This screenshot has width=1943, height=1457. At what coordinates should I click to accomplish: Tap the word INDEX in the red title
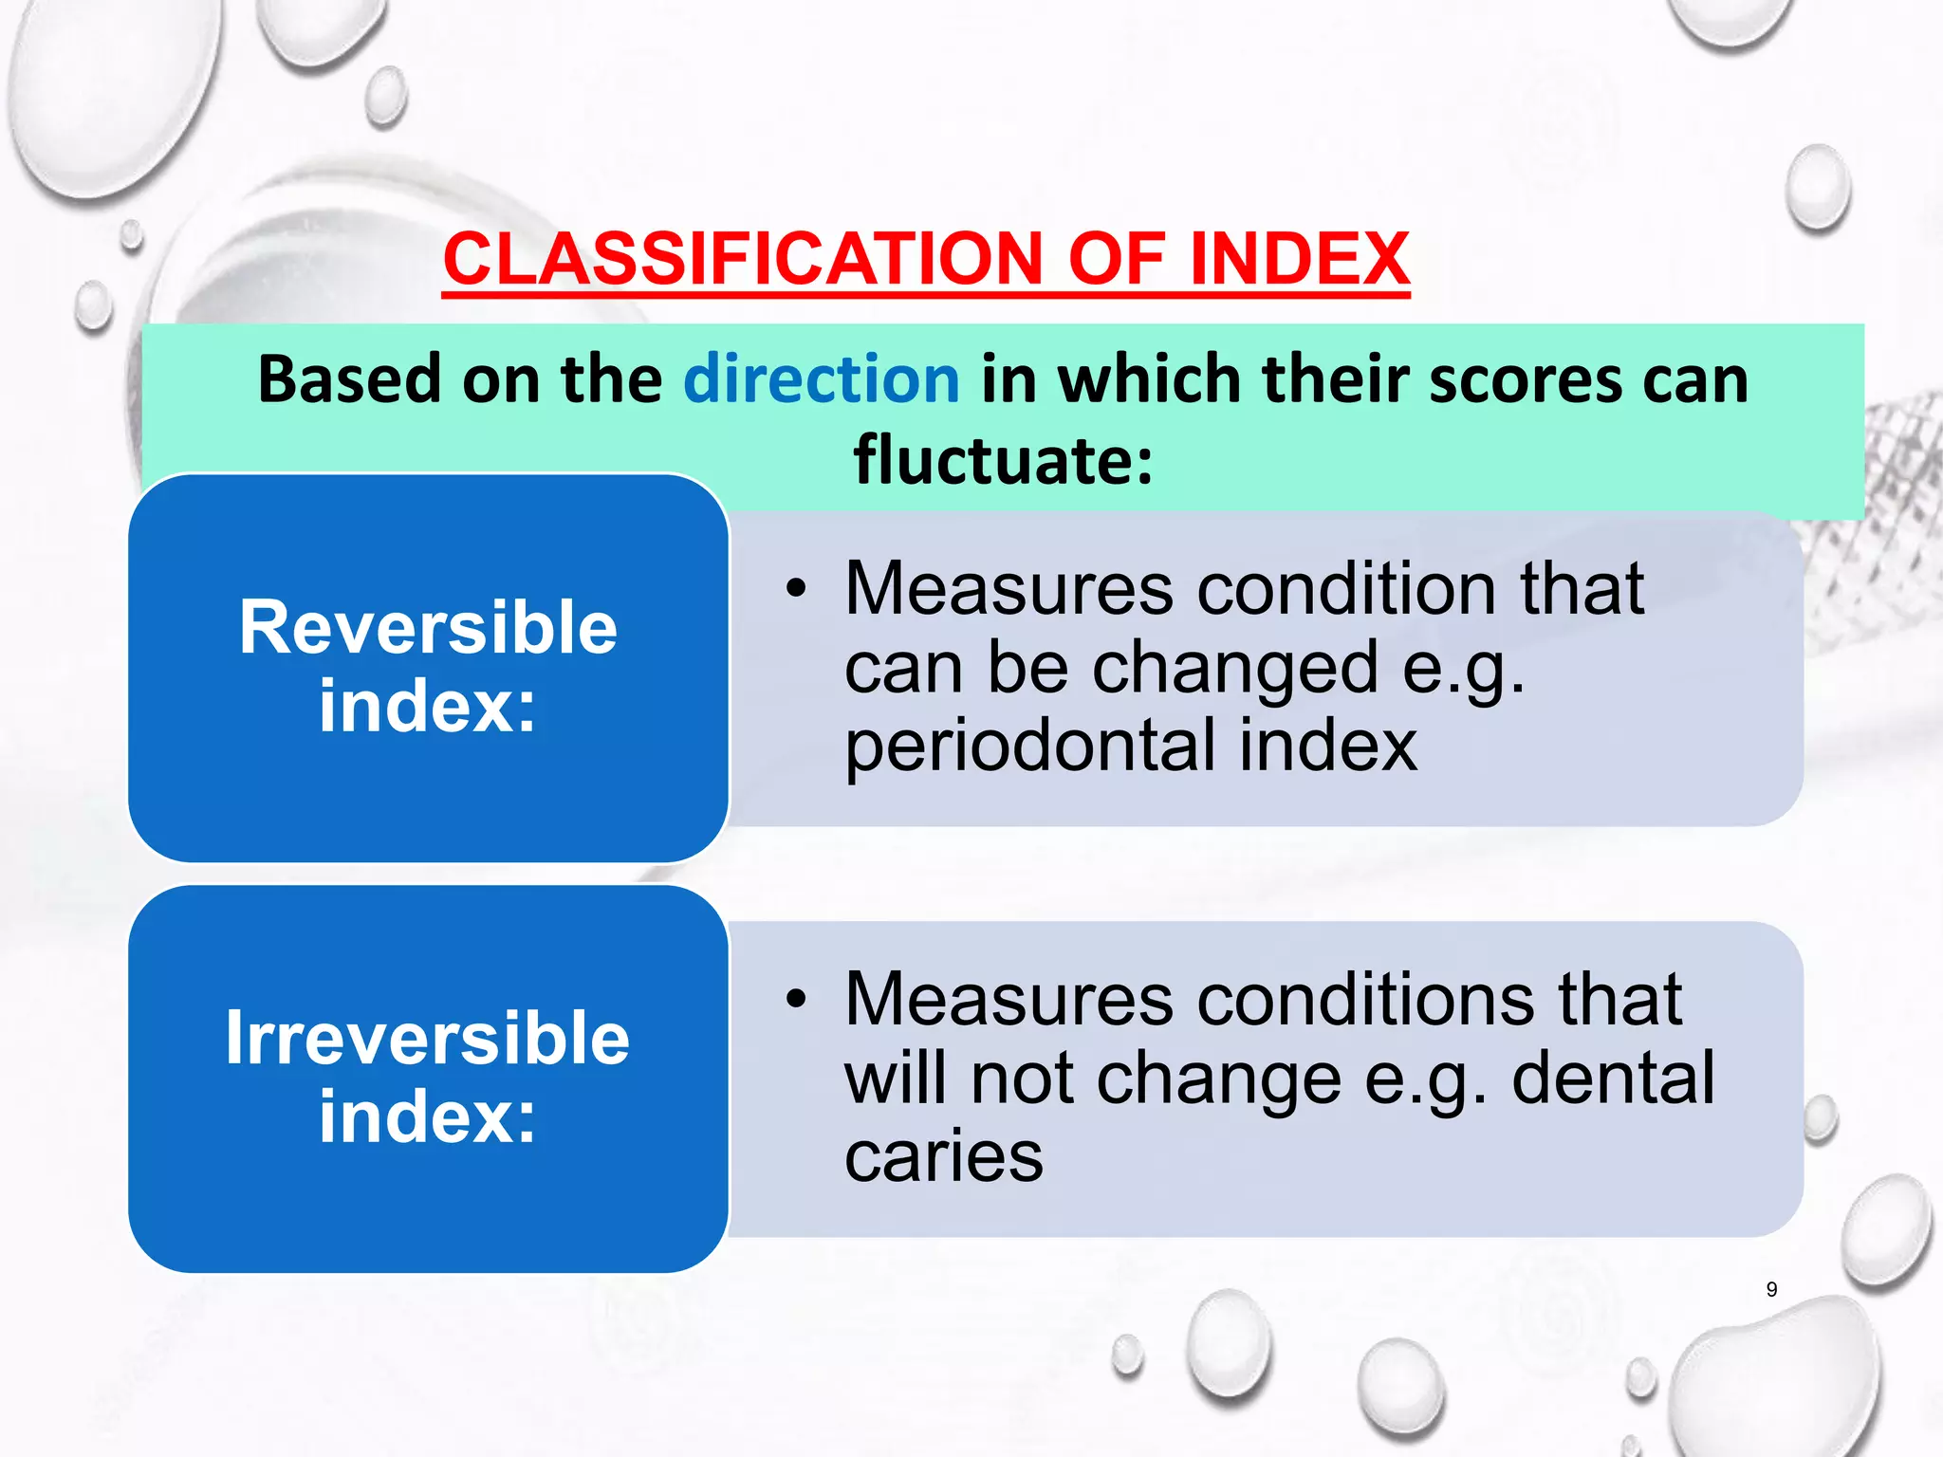[x=1299, y=259]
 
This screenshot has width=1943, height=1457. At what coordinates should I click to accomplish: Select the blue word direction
[x=822, y=379]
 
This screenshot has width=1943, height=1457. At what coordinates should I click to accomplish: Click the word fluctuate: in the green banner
[x=1003, y=461]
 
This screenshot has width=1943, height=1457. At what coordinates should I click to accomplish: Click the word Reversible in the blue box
[x=428, y=628]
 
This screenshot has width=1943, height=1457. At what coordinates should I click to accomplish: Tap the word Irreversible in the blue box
[x=428, y=1039]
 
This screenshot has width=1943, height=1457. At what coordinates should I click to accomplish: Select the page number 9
[x=1771, y=1289]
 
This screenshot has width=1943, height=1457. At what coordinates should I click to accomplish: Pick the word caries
[x=944, y=1156]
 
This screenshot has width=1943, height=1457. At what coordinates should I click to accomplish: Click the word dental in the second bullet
[x=1613, y=1079]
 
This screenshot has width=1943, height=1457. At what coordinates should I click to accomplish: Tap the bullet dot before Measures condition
[x=796, y=589]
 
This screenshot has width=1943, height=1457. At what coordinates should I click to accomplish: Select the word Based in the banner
[x=349, y=379]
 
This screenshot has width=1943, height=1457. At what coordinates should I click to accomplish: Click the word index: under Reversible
[x=428, y=707]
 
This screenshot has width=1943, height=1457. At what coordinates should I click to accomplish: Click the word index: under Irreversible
[x=428, y=1117]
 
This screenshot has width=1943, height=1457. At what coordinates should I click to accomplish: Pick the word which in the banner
[x=1149, y=379]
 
